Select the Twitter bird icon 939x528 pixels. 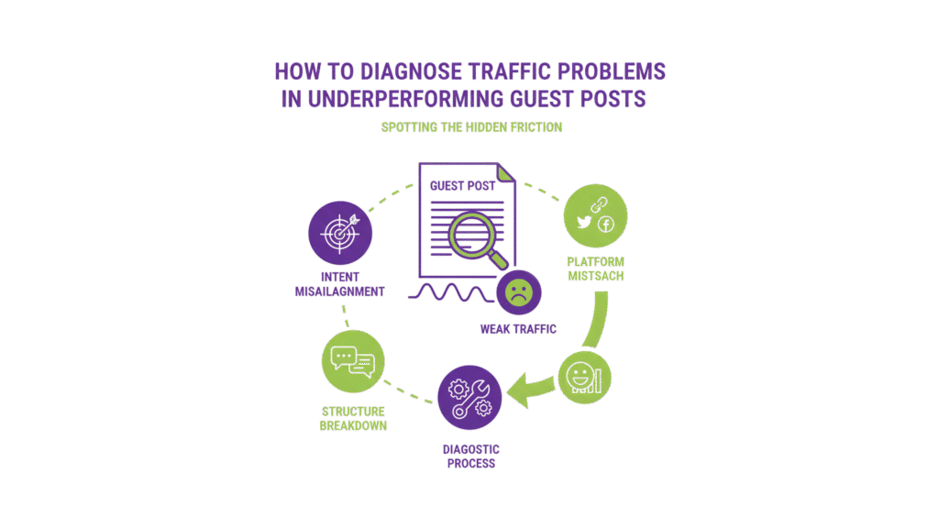click(x=583, y=222)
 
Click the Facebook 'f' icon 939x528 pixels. click(x=605, y=225)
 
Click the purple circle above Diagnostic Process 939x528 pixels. click(x=469, y=395)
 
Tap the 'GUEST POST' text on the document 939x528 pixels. click(x=462, y=185)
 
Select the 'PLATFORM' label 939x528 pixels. click(x=595, y=262)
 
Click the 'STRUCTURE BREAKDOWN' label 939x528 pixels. click(x=353, y=418)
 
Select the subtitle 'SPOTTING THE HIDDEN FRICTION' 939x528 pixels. click(x=471, y=127)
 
